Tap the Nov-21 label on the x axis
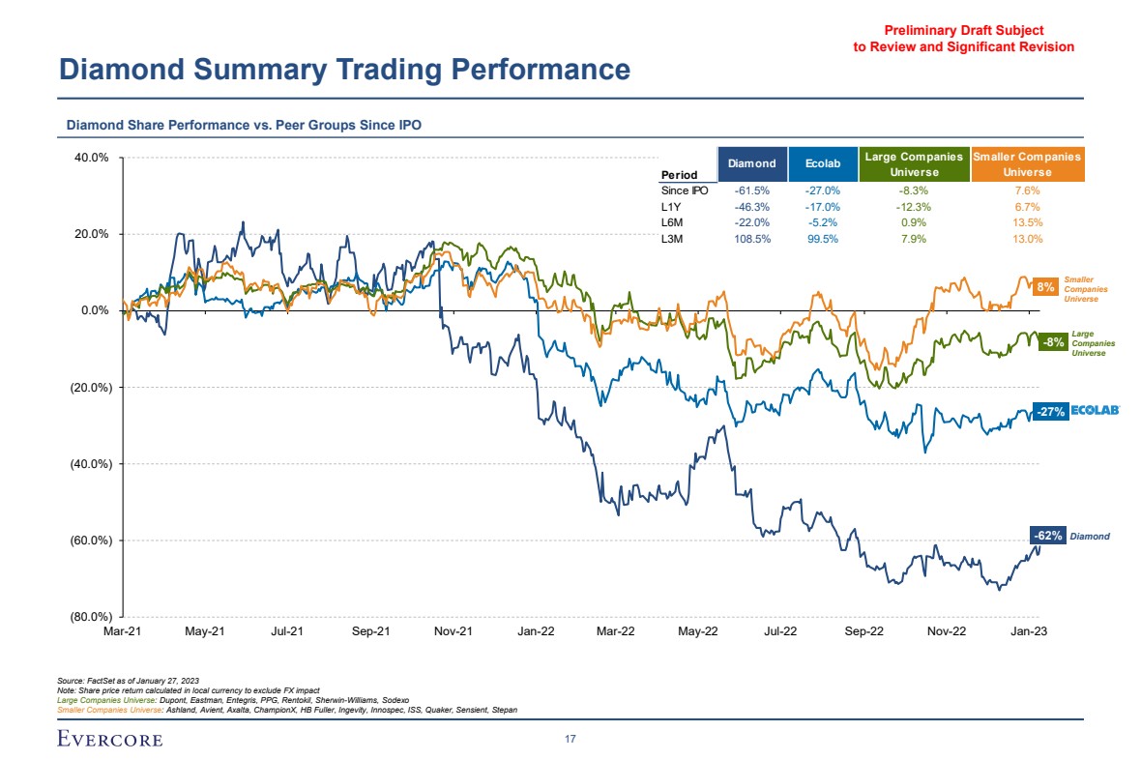(x=453, y=631)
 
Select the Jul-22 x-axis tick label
(x=780, y=631)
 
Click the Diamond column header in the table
(x=751, y=163)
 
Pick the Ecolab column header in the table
(x=822, y=163)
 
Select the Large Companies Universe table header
(x=914, y=163)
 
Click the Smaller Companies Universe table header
(x=1027, y=163)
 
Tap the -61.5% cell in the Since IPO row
(x=751, y=190)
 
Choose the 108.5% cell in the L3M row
(x=751, y=239)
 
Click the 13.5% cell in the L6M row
(x=1027, y=222)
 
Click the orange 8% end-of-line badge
(x=1044, y=287)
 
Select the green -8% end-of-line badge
(x=1053, y=341)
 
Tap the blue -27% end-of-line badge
(x=1050, y=412)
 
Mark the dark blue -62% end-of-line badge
(x=1048, y=535)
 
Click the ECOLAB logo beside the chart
(x=1095, y=411)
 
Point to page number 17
(x=570, y=740)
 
